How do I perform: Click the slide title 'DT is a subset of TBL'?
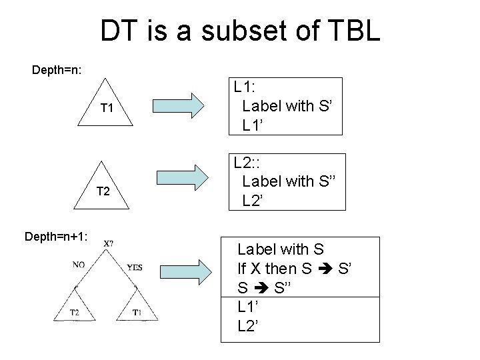(x=240, y=31)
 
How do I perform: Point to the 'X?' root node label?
(x=108, y=244)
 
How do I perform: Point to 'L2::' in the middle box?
(x=248, y=161)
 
